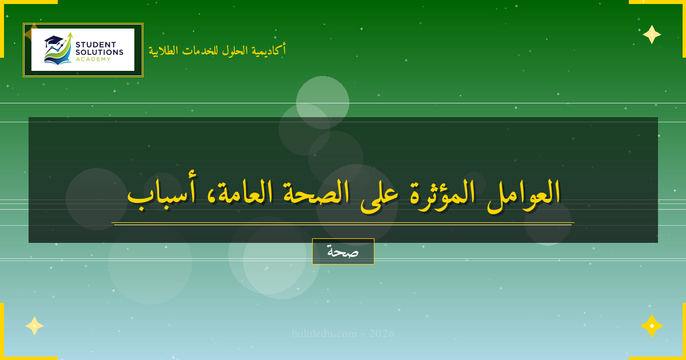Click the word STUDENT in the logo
[x=96, y=44]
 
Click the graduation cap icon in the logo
[x=54, y=42]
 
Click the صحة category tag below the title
[x=343, y=251]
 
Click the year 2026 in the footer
[x=381, y=334]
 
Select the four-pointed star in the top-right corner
[x=652, y=34]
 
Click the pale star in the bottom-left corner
[x=34, y=326]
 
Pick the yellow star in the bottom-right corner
[x=652, y=326]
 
